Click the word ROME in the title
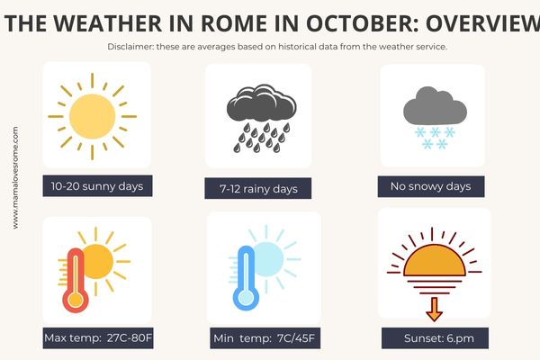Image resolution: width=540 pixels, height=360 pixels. (233, 23)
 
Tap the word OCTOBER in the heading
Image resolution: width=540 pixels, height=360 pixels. (363, 23)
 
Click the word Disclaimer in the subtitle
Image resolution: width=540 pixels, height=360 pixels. (130, 47)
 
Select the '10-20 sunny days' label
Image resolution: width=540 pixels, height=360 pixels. (97, 186)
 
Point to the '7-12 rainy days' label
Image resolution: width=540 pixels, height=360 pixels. (258, 188)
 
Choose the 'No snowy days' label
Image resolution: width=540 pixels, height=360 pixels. (431, 186)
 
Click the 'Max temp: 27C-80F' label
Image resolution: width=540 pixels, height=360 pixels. (98, 337)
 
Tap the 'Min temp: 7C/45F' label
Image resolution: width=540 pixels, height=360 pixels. (265, 338)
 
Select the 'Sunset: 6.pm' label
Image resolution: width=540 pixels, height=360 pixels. (435, 338)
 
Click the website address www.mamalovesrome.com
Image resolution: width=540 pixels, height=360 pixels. (15, 178)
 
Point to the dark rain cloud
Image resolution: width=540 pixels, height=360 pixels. (261, 103)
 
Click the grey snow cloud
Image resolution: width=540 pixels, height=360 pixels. (435, 105)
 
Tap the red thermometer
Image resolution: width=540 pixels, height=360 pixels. (76, 280)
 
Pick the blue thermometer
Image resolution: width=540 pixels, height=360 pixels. (246, 278)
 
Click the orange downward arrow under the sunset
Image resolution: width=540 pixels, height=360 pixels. (435, 310)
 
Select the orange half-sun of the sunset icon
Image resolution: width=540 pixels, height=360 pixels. (435, 261)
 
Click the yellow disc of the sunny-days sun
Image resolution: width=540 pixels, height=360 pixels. (93, 116)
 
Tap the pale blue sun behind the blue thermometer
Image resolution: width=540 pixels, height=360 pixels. (268, 259)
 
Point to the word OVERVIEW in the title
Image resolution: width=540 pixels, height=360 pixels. (482, 23)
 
